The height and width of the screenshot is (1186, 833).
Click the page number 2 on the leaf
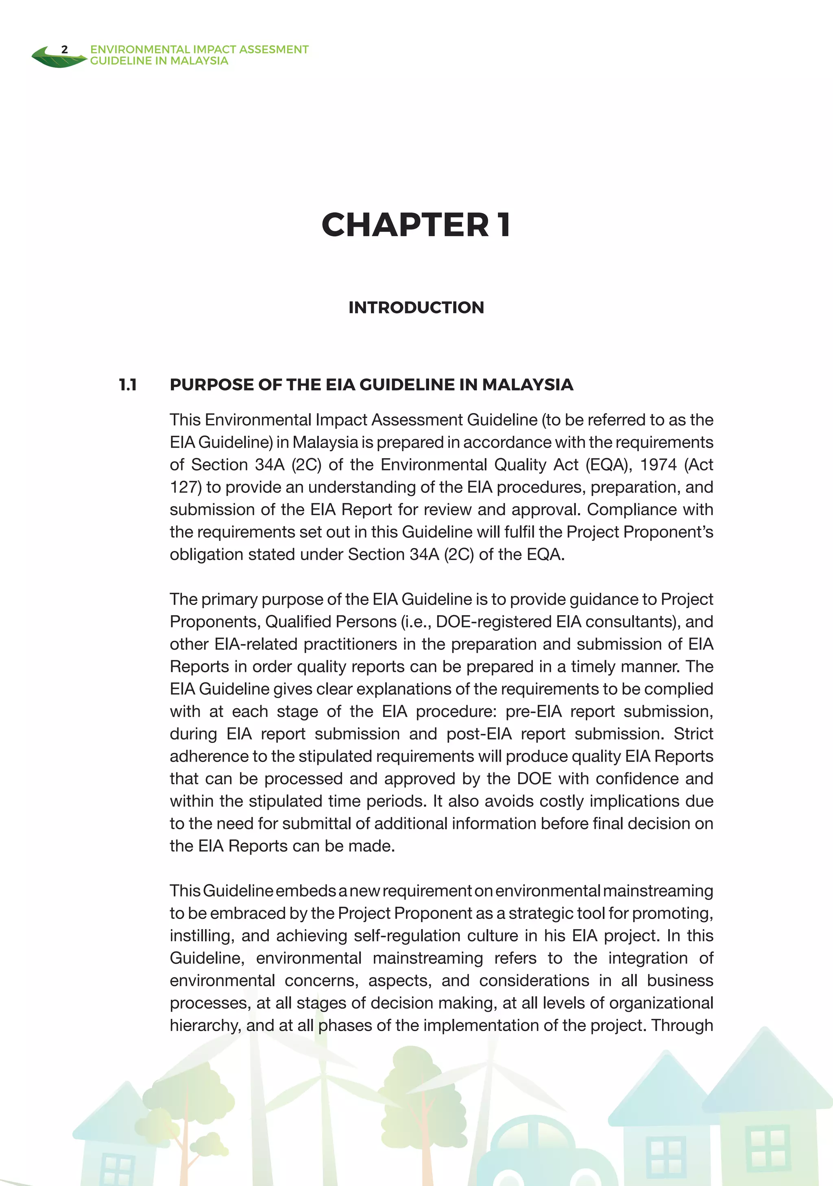tap(65, 50)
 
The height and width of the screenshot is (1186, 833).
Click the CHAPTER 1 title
tap(416, 225)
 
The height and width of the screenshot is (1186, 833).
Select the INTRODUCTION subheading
tap(416, 307)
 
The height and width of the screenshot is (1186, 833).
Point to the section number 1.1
tap(128, 385)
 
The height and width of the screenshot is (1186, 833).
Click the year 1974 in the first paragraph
tap(658, 465)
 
